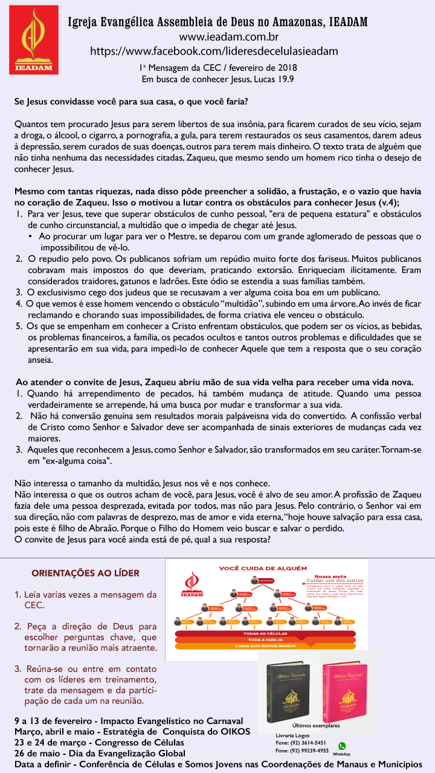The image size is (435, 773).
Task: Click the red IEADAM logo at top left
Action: tap(34, 40)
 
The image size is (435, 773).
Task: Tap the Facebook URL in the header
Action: tap(214, 51)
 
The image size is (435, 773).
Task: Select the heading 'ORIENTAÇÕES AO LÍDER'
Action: tap(85, 573)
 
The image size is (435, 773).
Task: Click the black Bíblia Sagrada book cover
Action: tap(288, 690)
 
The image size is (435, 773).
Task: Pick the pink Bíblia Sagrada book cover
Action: tap(344, 690)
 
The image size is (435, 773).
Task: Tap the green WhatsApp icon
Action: tap(342, 746)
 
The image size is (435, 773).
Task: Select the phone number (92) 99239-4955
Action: tap(302, 751)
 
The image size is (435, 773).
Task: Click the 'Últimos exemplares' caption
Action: tap(316, 725)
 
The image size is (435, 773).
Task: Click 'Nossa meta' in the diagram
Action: tap(330, 576)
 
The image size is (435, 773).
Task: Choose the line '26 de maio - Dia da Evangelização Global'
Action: tap(100, 753)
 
